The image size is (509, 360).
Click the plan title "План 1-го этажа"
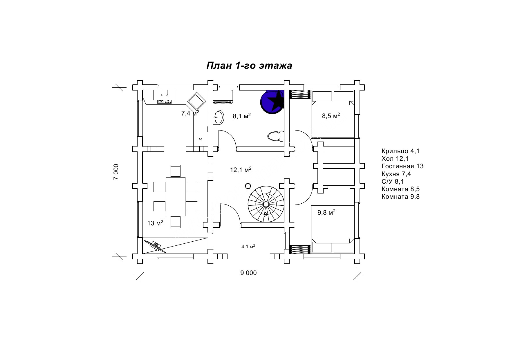249,66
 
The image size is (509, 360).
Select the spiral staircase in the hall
266,204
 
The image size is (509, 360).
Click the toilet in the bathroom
274,136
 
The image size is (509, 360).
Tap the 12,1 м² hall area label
241,170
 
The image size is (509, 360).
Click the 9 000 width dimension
248,273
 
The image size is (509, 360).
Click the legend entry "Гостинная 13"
402,166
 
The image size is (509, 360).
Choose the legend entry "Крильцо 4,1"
400,151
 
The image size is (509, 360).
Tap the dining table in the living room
176,196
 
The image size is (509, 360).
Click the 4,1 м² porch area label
248,247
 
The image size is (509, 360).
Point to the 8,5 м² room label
331,116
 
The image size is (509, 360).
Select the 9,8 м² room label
326,212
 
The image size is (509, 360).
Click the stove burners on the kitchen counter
164,101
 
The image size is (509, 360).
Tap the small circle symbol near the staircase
248,186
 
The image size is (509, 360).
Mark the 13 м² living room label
155,223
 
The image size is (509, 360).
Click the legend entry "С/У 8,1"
393,182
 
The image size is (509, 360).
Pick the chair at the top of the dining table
176,171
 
